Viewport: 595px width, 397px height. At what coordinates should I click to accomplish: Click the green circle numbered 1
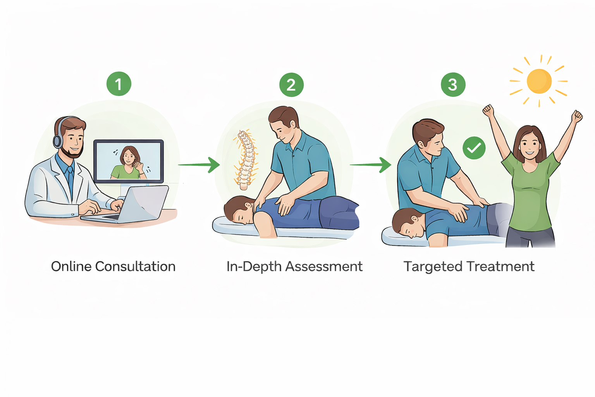tap(119, 84)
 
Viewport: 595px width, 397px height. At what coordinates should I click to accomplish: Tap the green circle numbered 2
tap(291, 85)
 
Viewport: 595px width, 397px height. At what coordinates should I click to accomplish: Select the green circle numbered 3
tap(453, 85)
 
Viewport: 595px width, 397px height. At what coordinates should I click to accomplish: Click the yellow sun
tap(539, 81)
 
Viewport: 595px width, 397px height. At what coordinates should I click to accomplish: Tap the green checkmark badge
tap(474, 148)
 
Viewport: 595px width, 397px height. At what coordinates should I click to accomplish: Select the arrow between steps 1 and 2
tap(199, 165)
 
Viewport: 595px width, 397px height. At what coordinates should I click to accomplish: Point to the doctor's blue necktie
tap(71, 178)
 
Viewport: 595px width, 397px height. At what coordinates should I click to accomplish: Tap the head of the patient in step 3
tap(407, 223)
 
